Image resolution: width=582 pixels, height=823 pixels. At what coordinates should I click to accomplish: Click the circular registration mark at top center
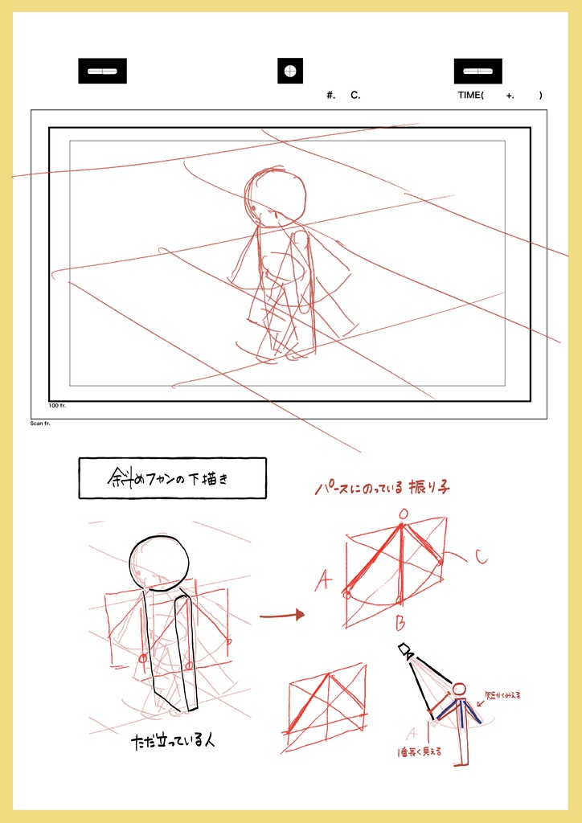(290, 71)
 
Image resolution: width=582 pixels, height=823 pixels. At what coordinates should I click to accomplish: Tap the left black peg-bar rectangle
(102, 71)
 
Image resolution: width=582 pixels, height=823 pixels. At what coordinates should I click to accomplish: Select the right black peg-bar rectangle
(477, 71)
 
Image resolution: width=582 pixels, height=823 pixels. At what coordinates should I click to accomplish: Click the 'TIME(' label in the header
(471, 96)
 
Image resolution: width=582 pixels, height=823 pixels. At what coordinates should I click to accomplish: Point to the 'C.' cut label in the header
(355, 96)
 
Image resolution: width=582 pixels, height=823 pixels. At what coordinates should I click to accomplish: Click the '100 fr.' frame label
(57, 406)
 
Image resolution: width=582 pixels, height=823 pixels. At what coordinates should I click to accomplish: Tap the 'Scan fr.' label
(40, 423)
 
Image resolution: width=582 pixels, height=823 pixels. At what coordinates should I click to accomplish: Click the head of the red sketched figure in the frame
(276, 195)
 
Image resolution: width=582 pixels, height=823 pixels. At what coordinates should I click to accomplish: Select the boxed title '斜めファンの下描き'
(172, 478)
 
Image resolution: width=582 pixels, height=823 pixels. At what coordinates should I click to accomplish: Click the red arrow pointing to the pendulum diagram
(282, 615)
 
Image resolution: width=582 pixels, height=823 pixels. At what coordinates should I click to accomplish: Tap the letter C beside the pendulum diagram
(480, 556)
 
